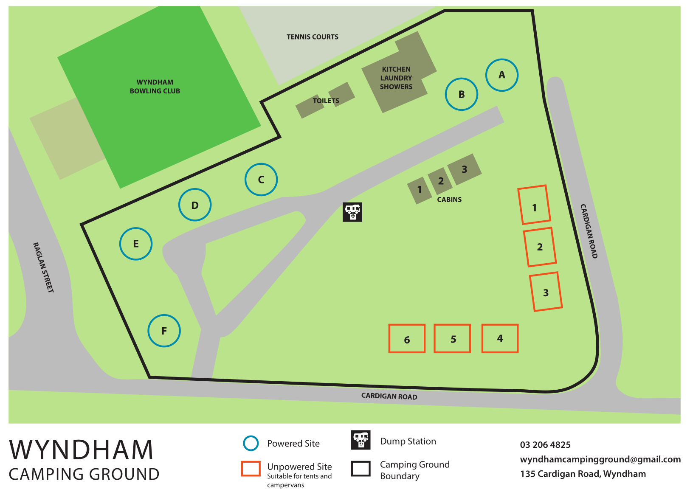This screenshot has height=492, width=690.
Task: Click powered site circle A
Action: click(x=501, y=75)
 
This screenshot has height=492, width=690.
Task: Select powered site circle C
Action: click(x=261, y=180)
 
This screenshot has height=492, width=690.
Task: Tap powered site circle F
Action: click(x=164, y=331)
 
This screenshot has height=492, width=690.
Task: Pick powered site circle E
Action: click(x=136, y=244)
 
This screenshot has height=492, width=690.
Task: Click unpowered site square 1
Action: click(x=534, y=205)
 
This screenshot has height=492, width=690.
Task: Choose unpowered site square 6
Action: click(x=407, y=339)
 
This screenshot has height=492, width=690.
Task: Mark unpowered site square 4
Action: click(x=500, y=338)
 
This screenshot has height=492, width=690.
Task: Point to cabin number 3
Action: click(x=465, y=169)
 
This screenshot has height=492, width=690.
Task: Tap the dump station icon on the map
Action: click(x=352, y=212)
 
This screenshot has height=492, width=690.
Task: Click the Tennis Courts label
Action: click(x=313, y=37)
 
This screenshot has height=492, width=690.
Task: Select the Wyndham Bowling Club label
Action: click(x=155, y=87)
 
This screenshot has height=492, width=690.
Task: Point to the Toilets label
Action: click(x=326, y=101)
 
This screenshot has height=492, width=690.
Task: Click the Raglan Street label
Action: click(x=43, y=267)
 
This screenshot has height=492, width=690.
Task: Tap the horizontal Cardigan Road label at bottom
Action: click(x=389, y=396)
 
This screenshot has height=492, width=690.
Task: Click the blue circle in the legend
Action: click(x=251, y=443)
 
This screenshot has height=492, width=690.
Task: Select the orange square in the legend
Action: click(x=251, y=469)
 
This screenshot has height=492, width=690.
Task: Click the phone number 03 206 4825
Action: click(x=545, y=445)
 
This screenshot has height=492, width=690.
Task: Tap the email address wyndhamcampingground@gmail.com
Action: click(x=600, y=459)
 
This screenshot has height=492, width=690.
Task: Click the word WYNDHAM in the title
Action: click(x=81, y=450)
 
